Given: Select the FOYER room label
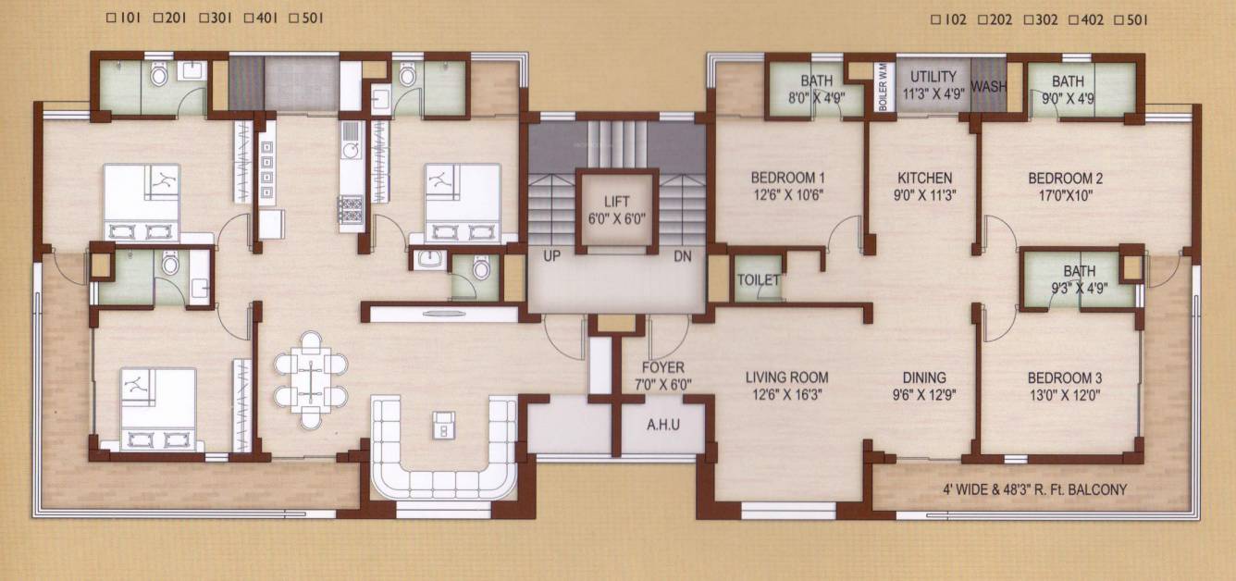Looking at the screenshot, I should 663,367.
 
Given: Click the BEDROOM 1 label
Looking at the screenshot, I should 786,178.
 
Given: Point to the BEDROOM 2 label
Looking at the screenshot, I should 1066,178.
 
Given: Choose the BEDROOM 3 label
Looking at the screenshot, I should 1065,378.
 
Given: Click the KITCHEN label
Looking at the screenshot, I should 924,178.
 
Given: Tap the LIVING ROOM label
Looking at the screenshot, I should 787,377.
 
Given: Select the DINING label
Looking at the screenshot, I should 924,377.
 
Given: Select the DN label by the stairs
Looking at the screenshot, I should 683,255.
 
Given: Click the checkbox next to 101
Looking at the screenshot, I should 111,18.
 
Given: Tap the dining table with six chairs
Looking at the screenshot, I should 311,379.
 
